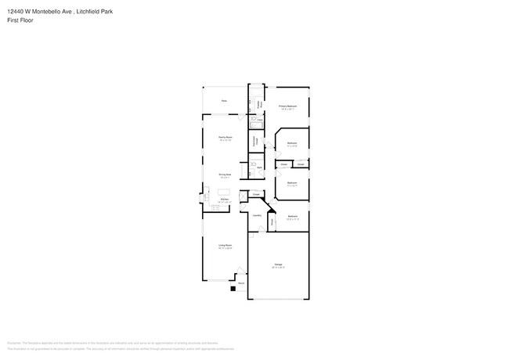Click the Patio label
(224, 101)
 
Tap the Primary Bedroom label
(287, 106)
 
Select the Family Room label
(224, 137)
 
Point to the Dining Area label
(224, 175)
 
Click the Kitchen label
(224, 200)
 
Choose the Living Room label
(224, 246)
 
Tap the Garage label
(278, 265)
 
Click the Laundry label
(256, 215)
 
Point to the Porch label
(241, 283)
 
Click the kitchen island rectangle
(224, 192)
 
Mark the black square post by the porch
(233, 288)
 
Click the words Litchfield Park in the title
(93, 9)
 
